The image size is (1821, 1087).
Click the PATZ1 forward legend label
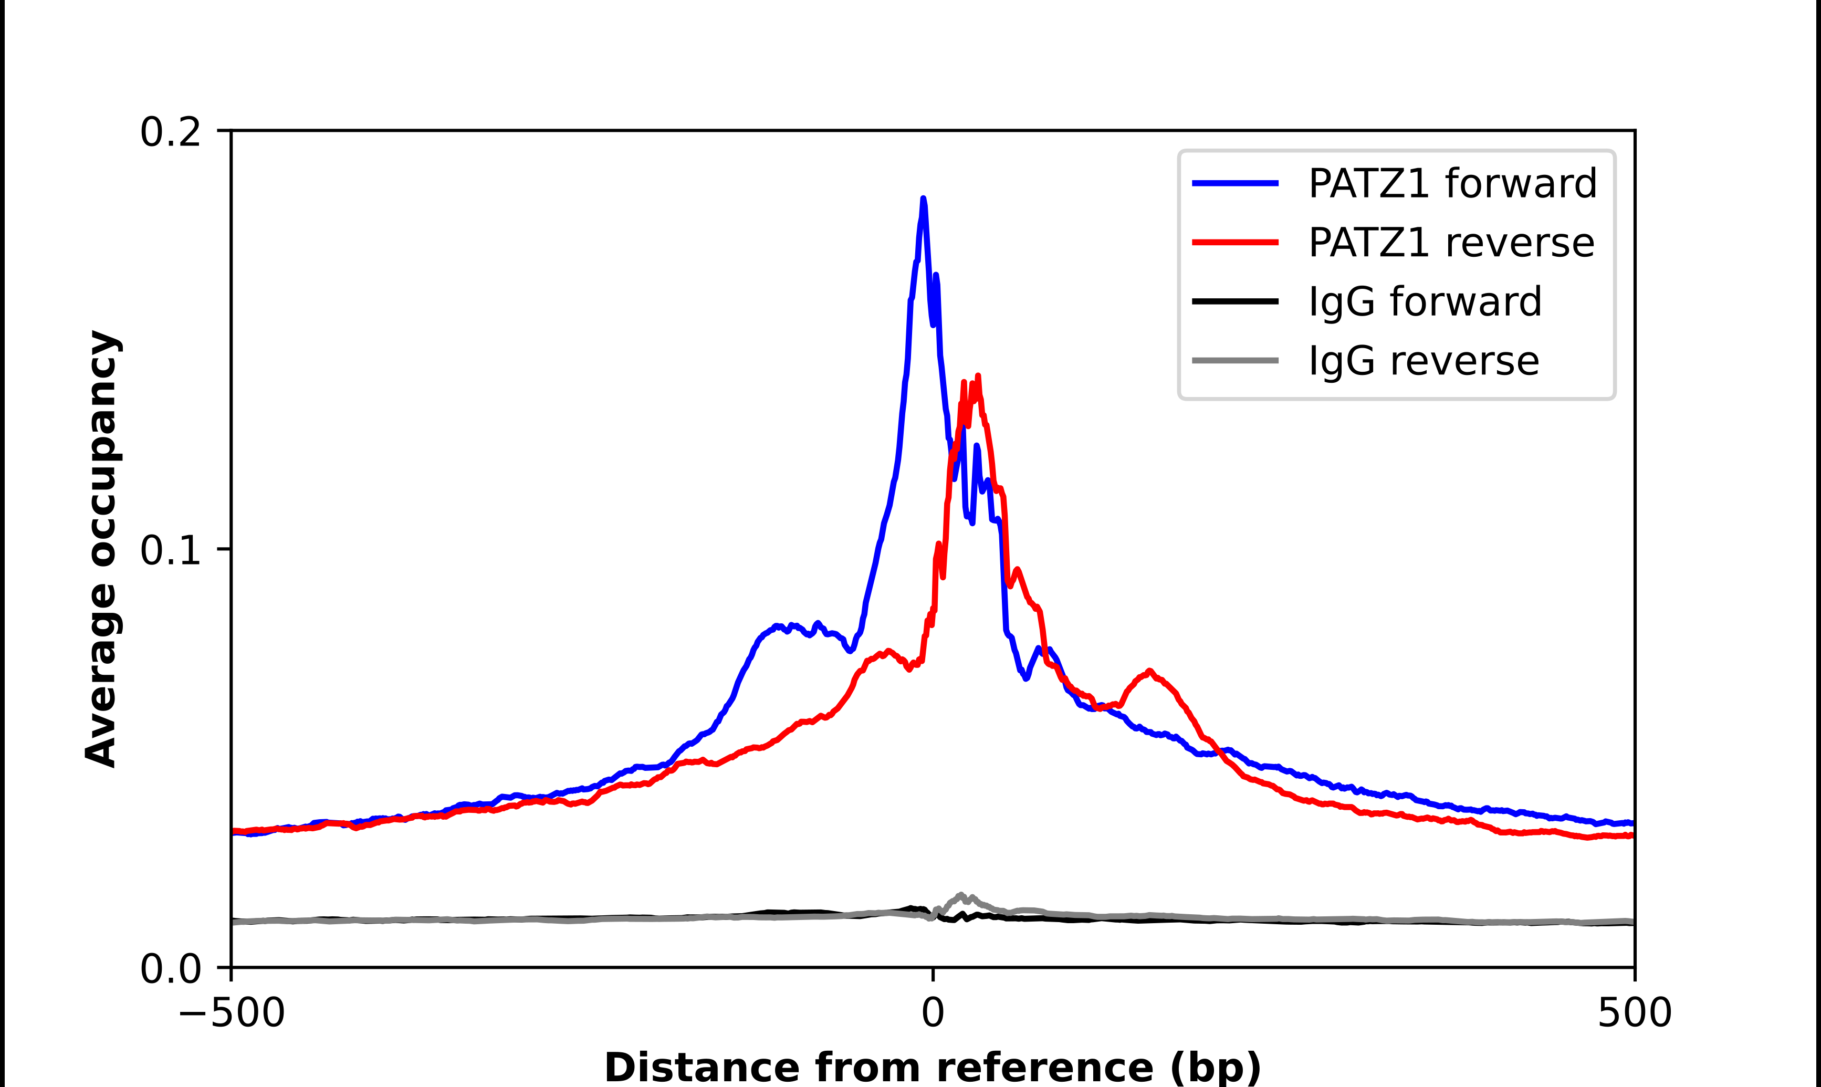(1452, 183)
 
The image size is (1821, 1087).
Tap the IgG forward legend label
(1425, 302)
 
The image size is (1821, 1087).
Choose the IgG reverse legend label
(1424, 361)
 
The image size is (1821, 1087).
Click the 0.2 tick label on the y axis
(170, 132)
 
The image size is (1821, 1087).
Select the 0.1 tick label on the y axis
(170, 550)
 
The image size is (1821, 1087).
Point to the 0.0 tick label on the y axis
(170, 969)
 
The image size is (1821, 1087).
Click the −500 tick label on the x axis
(232, 1013)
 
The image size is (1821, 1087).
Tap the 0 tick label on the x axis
(933, 1013)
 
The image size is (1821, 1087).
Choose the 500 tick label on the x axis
(1634, 1013)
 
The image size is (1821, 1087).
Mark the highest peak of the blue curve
(923, 198)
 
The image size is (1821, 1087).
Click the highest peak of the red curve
(978, 377)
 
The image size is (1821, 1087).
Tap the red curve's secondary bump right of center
(1149, 671)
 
